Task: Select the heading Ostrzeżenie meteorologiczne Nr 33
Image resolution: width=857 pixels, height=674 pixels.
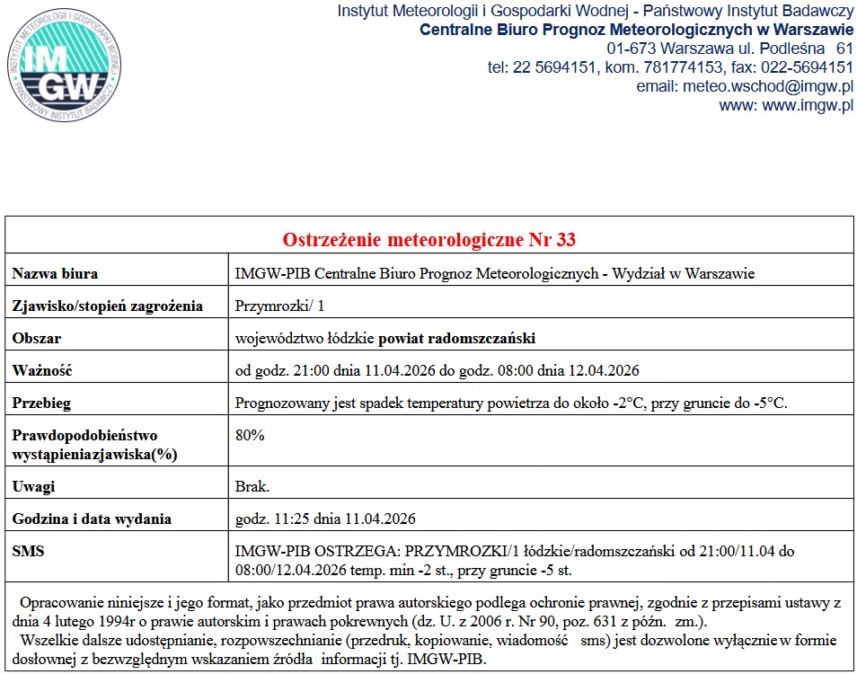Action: tap(428, 240)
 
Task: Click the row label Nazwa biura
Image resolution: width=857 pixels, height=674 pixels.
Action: tap(55, 273)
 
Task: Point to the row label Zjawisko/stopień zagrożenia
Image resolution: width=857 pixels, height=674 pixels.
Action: tap(108, 306)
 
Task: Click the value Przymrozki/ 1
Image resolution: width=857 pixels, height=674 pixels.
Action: tap(267, 306)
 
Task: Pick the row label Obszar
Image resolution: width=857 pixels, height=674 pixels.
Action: tap(37, 338)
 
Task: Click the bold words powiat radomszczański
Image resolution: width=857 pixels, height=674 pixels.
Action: tap(457, 338)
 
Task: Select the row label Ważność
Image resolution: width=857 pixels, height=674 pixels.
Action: tap(41, 370)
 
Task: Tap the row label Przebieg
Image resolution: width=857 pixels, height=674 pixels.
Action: tap(41, 403)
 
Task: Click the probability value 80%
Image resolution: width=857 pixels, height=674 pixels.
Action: tap(250, 435)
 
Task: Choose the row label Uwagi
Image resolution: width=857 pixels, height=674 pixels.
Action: tap(33, 486)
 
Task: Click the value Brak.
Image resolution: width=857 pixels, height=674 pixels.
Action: tap(252, 486)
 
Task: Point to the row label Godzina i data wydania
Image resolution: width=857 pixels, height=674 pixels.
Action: tap(92, 519)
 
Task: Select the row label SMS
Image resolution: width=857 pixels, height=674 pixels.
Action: tap(28, 551)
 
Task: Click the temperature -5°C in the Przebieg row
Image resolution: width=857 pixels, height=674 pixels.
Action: tap(770, 403)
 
